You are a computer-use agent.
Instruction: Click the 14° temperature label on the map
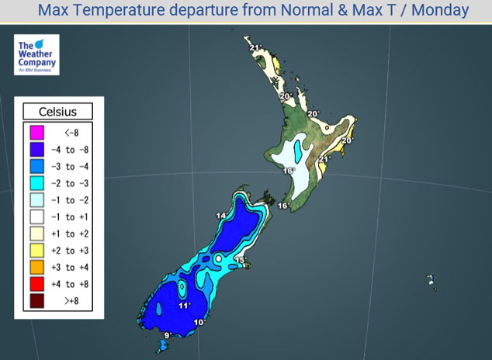[221, 215]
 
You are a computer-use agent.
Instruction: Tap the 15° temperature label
[241, 260]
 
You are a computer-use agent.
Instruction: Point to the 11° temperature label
[184, 306]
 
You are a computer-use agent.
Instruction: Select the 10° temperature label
[199, 322]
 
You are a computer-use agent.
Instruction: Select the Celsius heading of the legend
[58, 111]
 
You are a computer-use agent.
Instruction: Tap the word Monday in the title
[440, 10]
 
